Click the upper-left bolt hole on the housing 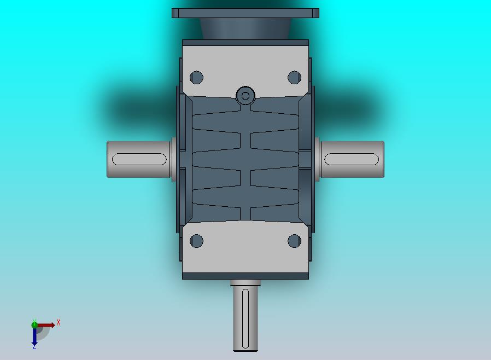tap(196, 77)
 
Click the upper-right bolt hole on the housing tap(294, 77)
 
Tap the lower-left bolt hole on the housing tap(196, 241)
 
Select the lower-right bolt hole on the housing tap(294, 241)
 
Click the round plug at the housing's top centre tap(245, 96)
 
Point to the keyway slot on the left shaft tap(139, 159)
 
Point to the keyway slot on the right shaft tap(352, 159)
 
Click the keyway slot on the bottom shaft tap(245, 318)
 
